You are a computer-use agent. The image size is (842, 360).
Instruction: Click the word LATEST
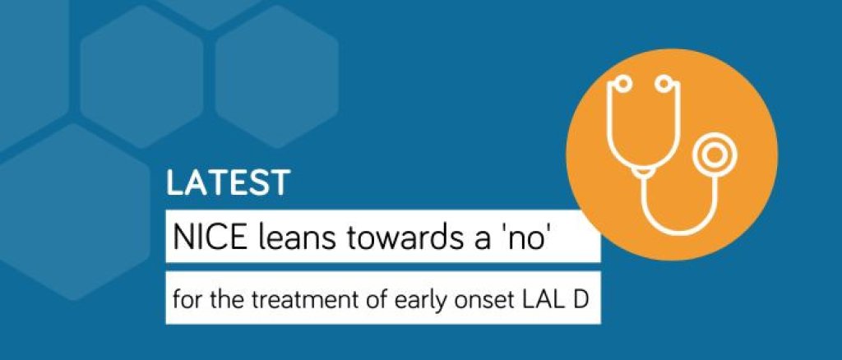point(229,183)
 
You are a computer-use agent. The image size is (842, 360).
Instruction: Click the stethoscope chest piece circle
point(715,155)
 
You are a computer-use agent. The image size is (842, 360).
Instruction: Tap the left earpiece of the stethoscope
point(622,83)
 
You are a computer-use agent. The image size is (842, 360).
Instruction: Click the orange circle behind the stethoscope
point(672,155)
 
